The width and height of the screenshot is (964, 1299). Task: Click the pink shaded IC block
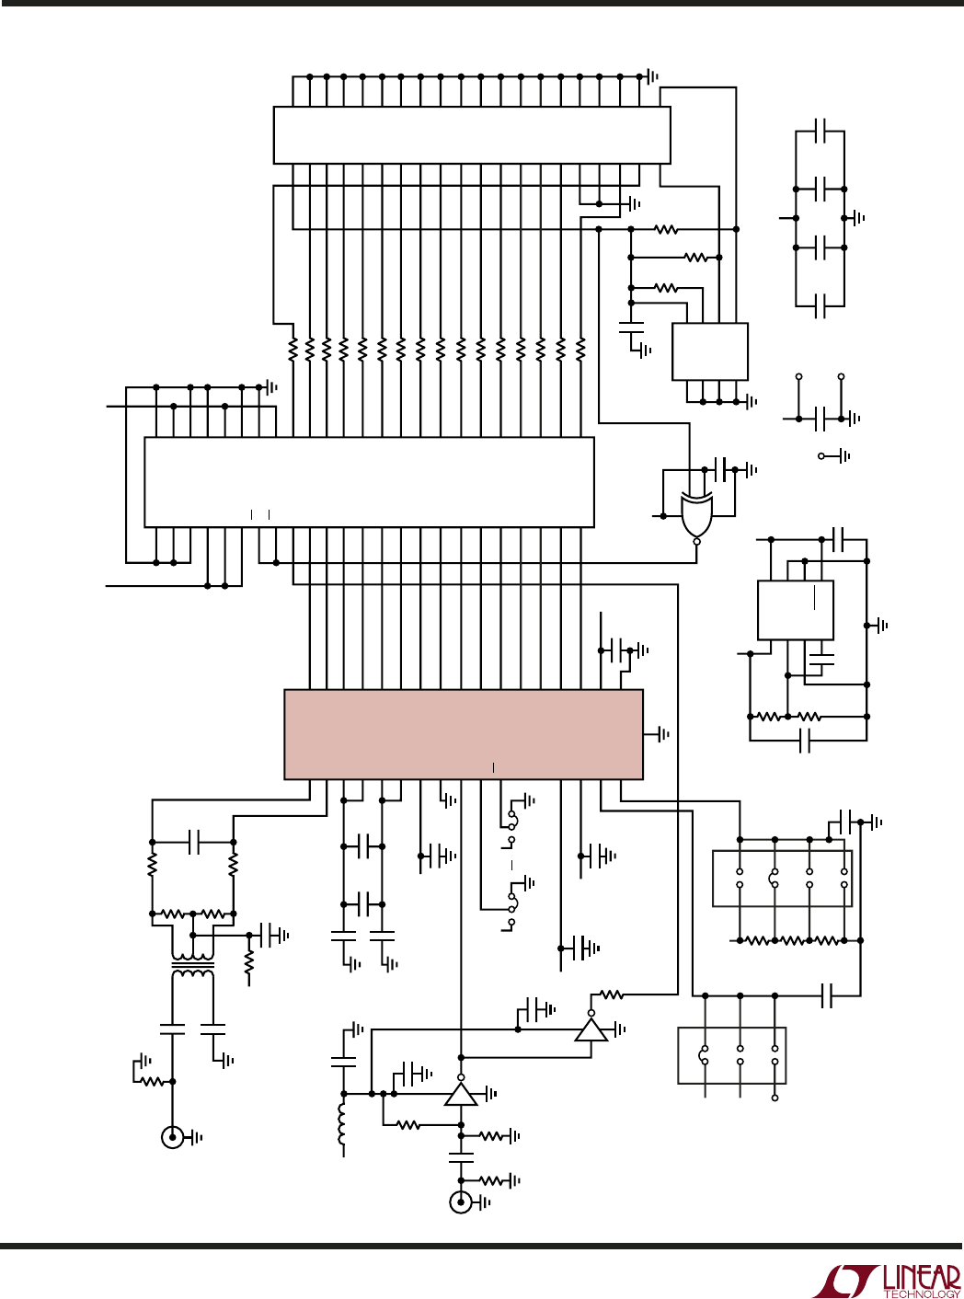(464, 734)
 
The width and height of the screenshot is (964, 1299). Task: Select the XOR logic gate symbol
(697, 515)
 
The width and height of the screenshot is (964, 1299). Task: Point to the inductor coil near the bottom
(342, 1124)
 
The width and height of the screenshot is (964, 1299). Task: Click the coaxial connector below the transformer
(172, 1138)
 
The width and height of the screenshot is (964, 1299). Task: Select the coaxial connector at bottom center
(461, 1203)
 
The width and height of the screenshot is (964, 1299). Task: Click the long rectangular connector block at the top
(472, 134)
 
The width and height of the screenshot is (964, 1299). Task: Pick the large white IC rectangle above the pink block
(370, 482)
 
